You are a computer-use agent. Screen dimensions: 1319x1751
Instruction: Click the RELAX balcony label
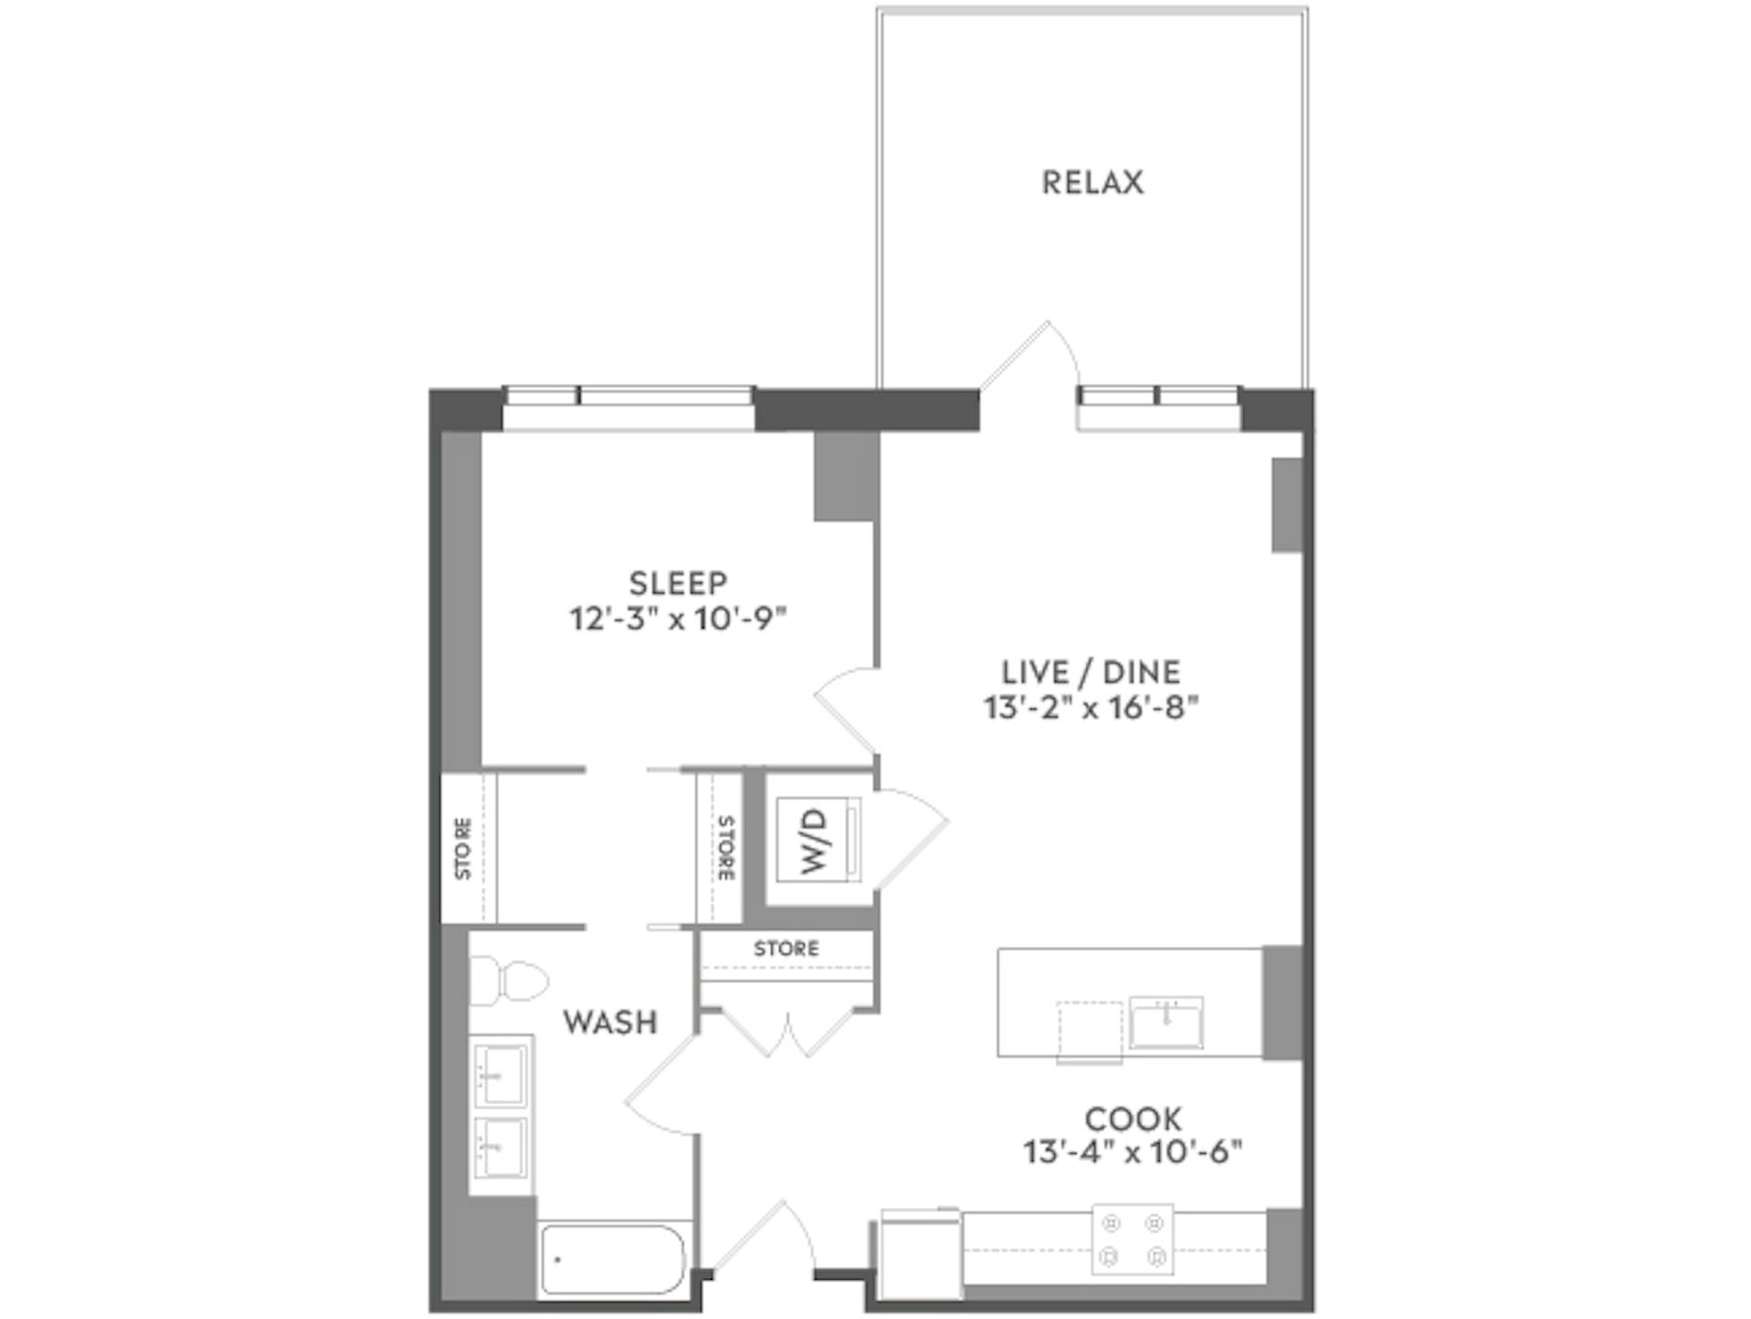coord(1092,182)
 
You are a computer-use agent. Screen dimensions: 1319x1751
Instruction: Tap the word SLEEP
coord(678,582)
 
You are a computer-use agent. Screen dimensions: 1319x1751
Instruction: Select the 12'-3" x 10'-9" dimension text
coord(678,620)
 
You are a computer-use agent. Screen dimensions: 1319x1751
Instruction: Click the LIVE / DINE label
coord(1091,672)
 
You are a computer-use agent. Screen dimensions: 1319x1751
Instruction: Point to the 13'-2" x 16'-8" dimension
coord(1091,707)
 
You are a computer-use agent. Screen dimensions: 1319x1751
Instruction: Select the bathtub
coord(613,1260)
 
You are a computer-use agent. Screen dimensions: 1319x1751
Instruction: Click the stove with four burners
coord(1132,1239)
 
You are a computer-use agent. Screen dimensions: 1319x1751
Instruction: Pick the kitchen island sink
coord(1166,1022)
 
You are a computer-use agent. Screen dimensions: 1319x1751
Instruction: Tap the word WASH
coord(610,1022)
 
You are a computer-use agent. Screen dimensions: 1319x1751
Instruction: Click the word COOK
coord(1133,1118)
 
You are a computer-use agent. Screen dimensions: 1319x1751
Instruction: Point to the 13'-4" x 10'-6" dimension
coord(1133,1153)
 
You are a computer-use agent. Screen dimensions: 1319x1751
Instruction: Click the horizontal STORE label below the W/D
coord(786,949)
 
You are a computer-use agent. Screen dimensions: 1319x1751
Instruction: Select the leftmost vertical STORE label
coord(463,849)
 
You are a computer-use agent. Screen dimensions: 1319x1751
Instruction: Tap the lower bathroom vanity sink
coord(500,1147)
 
